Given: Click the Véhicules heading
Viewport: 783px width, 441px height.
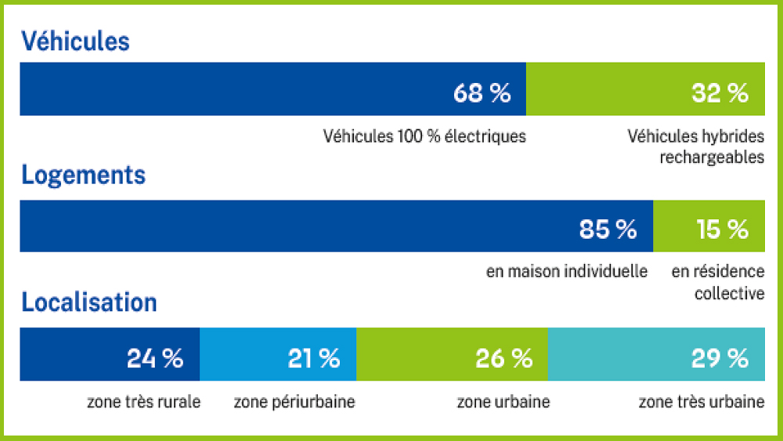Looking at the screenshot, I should [x=75, y=42].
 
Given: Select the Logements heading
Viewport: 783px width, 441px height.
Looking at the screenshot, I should [x=84, y=175].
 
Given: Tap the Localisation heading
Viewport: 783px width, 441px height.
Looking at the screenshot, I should [x=89, y=302].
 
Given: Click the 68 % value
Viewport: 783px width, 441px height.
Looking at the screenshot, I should [x=482, y=93].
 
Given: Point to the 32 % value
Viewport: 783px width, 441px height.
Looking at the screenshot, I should [x=720, y=93].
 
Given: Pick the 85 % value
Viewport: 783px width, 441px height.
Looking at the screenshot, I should [x=608, y=229].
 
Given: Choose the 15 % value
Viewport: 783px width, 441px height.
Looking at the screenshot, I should [x=722, y=229].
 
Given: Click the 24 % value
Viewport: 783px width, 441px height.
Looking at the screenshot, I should [x=155, y=359].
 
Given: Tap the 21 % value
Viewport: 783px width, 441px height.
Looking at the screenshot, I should [x=313, y=359].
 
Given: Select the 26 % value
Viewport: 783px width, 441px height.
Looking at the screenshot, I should [x=503, y=359].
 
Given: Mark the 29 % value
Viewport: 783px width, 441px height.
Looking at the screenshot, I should [x=720, y=359].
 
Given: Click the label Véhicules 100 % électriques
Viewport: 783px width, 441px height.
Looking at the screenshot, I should [x=424, y=136].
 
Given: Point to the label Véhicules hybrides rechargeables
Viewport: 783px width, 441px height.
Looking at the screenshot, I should [x=696, y=146].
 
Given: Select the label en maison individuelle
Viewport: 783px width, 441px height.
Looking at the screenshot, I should [x=567, y=272].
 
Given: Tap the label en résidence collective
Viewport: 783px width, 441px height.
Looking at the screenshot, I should [x=718, y=282].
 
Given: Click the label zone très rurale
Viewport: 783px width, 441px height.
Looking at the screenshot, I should [x=144, y=403].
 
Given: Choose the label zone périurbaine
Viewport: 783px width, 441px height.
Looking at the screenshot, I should [x=294, y=403].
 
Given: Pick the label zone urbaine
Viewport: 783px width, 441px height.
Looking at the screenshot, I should [x=503, y=403].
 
